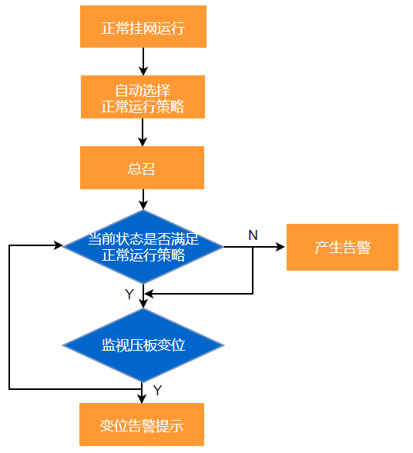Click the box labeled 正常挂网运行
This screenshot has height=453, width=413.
point(143,26)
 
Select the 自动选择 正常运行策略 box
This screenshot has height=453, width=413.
point(143,97)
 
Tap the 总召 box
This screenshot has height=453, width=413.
point(142,168)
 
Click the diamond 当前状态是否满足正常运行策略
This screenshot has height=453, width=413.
point(143,247)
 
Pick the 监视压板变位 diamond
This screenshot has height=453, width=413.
point(143,345)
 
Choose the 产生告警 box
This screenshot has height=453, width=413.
point(342,247)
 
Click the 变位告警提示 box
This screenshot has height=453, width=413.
point(142,425)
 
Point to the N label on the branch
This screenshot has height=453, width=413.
point(253,235)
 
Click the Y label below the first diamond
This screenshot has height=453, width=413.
point(129,295)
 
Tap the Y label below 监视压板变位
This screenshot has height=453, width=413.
point(157,390)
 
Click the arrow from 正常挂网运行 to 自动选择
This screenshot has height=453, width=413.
point(143,62)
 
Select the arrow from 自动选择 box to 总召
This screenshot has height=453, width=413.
point(143,132)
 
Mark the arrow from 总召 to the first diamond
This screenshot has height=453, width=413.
point(143,199)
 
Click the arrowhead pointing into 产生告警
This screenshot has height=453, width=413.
point(280,247)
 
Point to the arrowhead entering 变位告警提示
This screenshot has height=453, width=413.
point(142,398)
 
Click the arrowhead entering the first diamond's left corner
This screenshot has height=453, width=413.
point(58,245)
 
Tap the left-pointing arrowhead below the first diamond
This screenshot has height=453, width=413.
point(149,294)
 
